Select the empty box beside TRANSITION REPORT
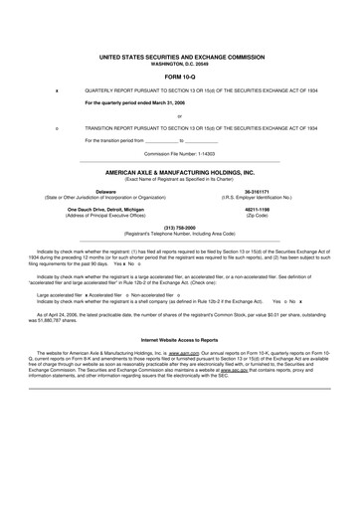pos(57,128)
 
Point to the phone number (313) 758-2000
pos(179,226)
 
